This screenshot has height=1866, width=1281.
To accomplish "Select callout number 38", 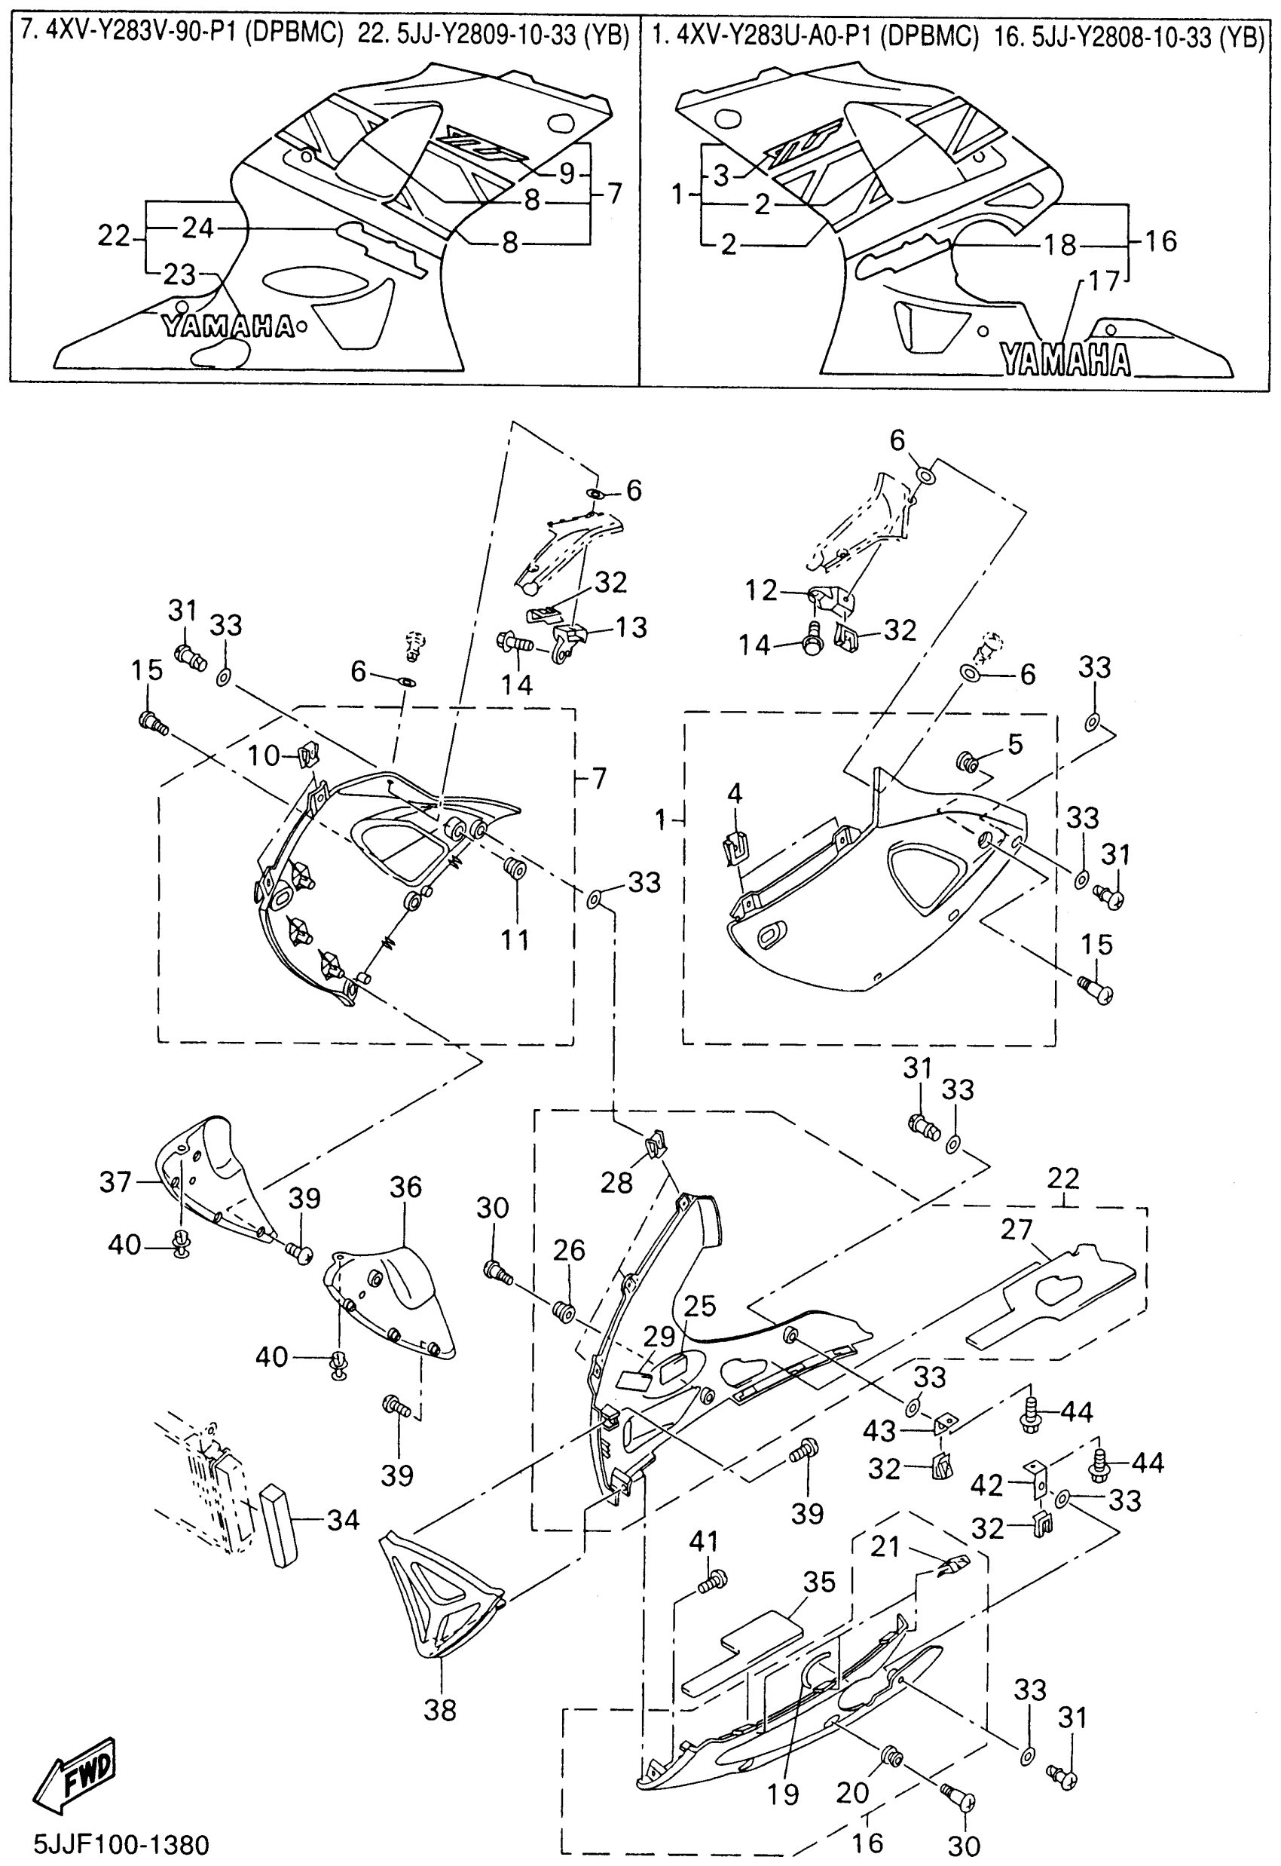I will (440, 1709).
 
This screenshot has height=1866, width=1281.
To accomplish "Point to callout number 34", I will (343, 1519).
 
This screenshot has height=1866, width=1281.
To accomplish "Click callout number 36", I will (405, 1187).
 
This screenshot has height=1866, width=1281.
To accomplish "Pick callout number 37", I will (115, 1181).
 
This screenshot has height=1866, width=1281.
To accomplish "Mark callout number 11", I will (515, 939).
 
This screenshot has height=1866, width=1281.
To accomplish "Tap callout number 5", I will (1015, 744).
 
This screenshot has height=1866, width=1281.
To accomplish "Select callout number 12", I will (760, 591).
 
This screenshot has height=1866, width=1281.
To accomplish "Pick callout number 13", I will (631, 627).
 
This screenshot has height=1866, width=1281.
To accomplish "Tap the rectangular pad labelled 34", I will (278, 1523).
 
